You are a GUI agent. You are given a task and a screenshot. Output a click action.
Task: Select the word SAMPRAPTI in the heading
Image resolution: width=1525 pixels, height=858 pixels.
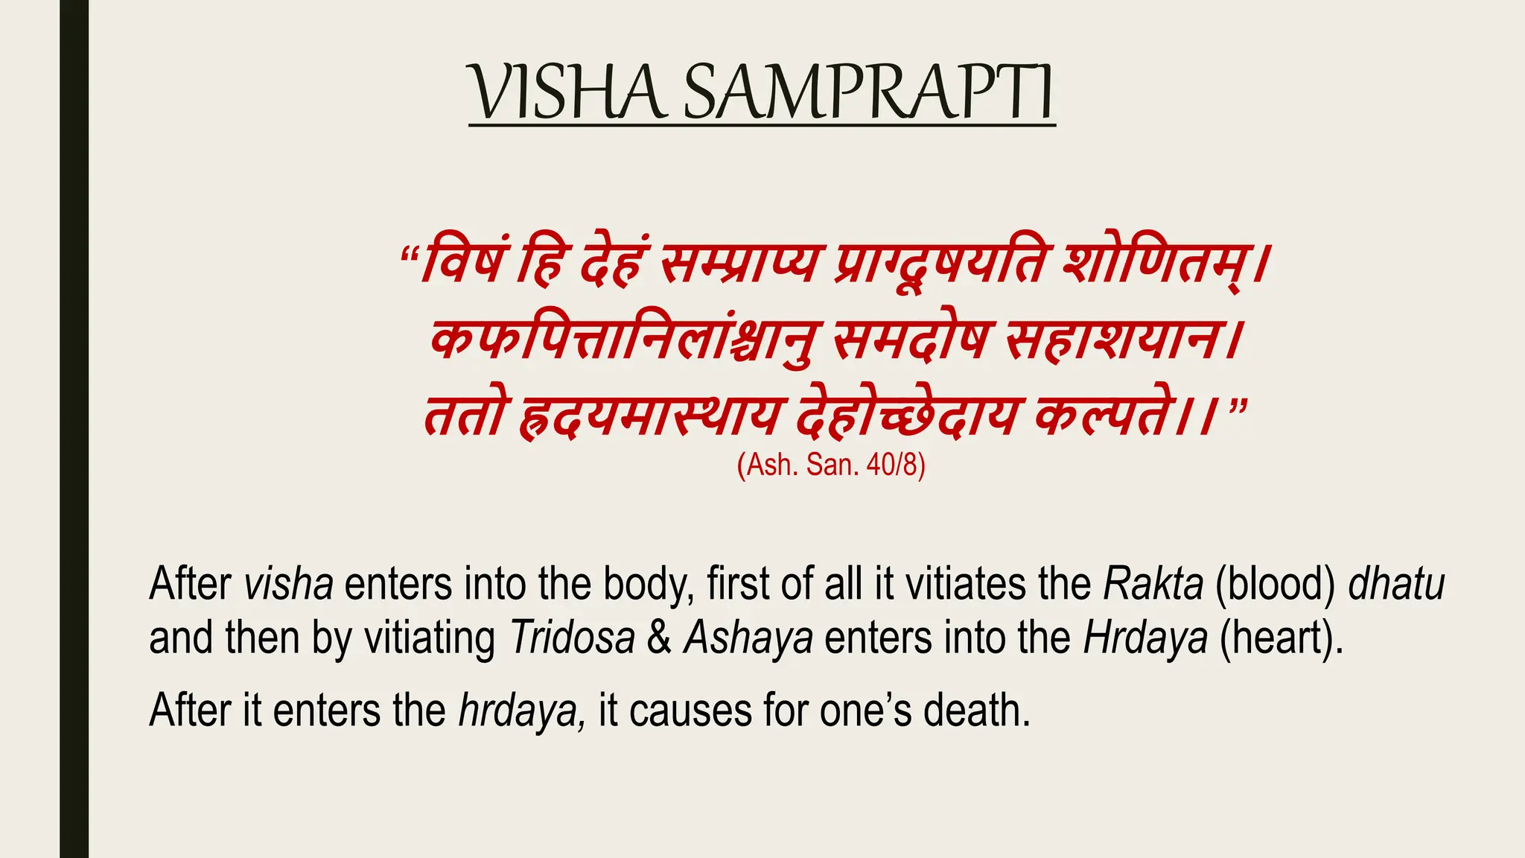[868, 93]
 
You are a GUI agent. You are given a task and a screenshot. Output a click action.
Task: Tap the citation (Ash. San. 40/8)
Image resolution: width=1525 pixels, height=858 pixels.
[831, 465]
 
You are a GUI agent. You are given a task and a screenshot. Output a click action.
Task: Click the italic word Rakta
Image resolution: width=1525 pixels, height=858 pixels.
[1153, 584]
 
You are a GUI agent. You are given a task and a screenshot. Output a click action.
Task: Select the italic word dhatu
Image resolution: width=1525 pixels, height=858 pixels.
[1396, 584]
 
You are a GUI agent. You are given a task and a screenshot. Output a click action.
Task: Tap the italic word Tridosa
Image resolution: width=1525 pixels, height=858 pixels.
[572, 638]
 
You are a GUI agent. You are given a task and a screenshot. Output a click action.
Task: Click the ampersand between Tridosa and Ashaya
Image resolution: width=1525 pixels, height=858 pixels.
[659, 638]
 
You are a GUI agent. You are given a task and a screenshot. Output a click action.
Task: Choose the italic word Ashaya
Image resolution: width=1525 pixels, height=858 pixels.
[748, 638]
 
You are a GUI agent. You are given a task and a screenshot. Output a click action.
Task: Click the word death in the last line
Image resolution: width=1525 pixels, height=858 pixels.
[976, 710]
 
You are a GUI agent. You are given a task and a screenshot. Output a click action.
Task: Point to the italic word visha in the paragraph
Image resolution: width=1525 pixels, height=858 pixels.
[288, 584]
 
